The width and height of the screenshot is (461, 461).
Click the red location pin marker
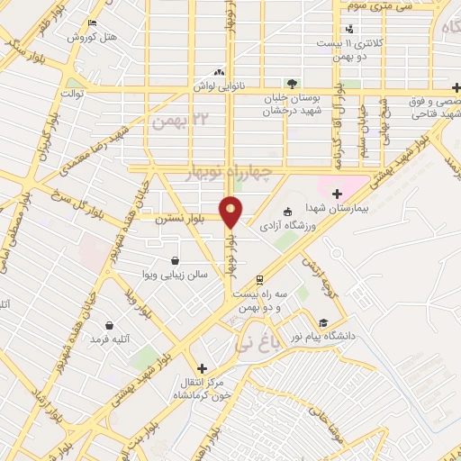(231, 212)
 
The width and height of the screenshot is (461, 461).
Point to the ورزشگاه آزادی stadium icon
(287, 212)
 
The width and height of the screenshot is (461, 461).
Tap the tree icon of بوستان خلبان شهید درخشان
(289, 82)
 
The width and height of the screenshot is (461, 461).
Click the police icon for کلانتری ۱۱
(348, 30)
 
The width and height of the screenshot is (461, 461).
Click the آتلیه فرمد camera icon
(109, 325)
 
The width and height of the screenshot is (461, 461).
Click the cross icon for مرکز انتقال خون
(202, 367)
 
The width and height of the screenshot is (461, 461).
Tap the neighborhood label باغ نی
(253, 343)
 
